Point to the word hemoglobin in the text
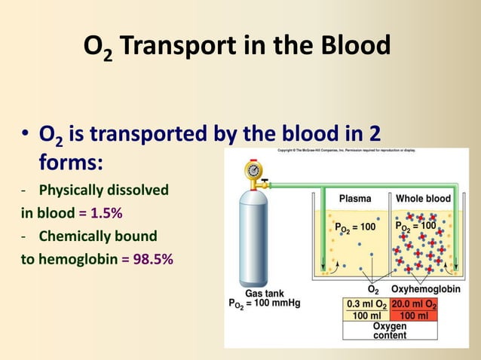coord(74,258)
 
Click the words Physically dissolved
coord(104,189)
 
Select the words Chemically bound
coord(98,236)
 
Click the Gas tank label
coord(264,294)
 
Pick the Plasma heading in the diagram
coord(354,199)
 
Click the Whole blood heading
coord(423,199)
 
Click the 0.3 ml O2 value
coord(366,304)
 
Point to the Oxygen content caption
coord(390,331)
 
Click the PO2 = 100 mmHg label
coord(264,304)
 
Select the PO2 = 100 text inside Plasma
coord(354,226)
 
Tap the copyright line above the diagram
coord(351,151)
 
